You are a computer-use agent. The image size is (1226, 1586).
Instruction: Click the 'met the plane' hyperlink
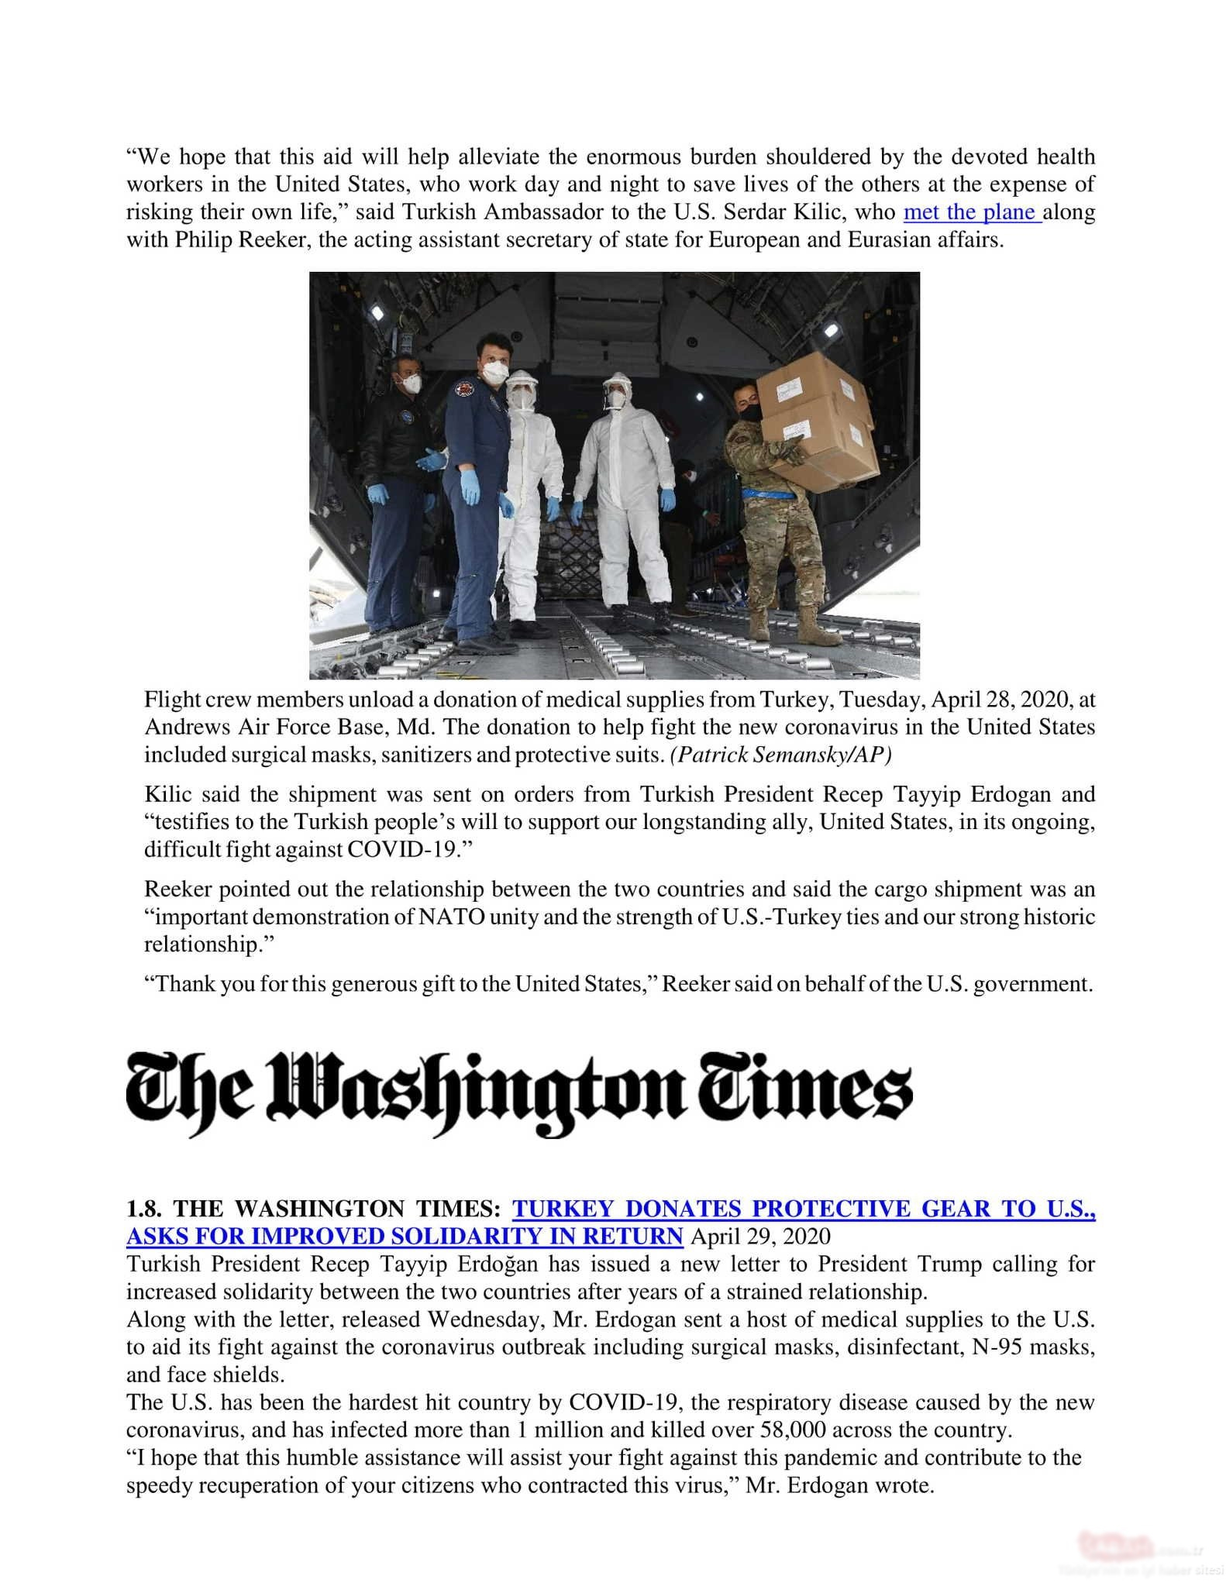pyautogui.click(x=972, y=212)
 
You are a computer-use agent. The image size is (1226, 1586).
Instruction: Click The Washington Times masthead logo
pyautogui.click(x=519, y=1093)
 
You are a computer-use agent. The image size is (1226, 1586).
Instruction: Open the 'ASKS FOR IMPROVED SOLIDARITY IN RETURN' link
pyautogui.click(x=404, y=1236)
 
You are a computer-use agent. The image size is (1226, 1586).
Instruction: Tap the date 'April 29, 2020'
pyautogui.click(x=760, y=1236)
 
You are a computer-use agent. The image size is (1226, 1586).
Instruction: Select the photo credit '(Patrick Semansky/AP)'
pyautogui.click(x=781, y=755)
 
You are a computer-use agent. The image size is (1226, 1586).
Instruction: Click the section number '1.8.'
pyautogui.click(x=146, y=1209)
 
